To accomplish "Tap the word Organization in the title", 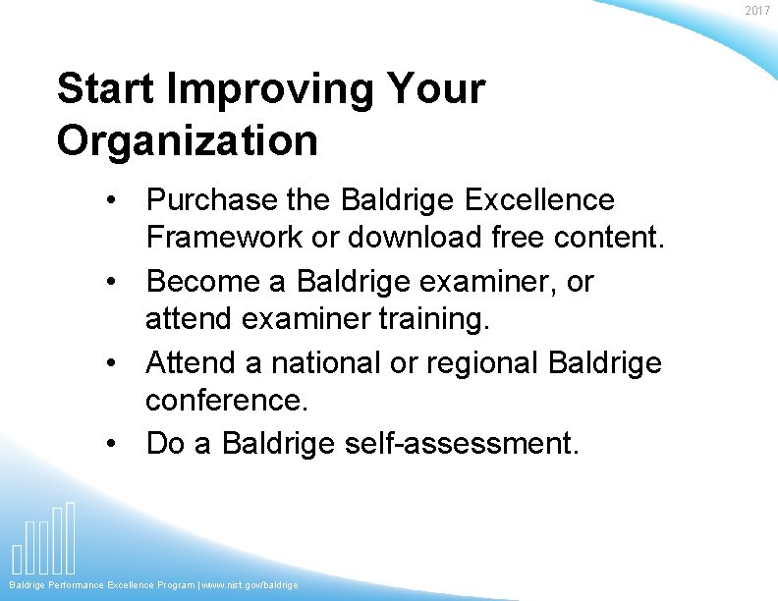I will tap(188, 140).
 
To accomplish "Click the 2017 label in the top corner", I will tap(757, 11).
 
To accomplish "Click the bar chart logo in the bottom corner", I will tap(44, 540).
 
